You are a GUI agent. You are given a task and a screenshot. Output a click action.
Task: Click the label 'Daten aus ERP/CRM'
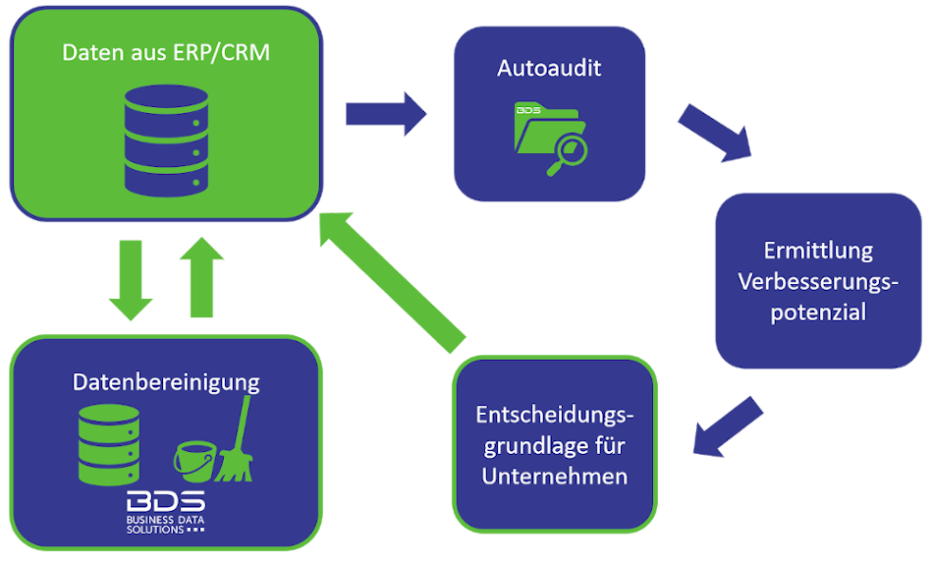pyautogui.click(x=165, y=52)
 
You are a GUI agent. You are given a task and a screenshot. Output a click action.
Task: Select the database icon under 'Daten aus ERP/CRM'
pyautogui.click(x=168, y=141)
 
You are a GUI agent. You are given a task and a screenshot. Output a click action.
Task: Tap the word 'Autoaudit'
pyautogui.click(x=549, y=69)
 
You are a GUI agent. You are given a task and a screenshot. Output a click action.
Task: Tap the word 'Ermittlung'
pyautogui.click(x=818, y=250)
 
